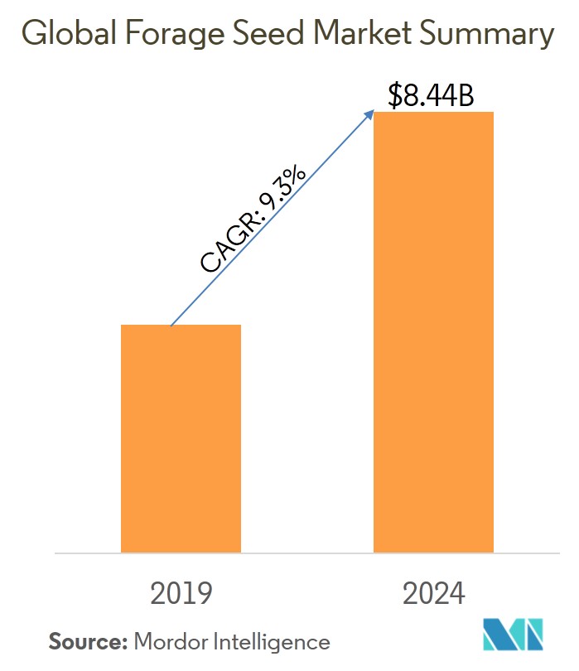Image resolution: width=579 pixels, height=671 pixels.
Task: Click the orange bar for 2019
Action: point(181,438)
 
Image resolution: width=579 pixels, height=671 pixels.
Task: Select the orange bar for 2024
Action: point(433,331)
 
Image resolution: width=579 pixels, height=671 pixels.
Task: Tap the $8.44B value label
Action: point(431,96)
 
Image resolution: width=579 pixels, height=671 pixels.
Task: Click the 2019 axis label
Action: point(181,594)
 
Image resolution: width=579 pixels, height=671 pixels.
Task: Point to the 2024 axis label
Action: point(433,594)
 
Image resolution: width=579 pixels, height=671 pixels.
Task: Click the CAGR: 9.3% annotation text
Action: point(253,220)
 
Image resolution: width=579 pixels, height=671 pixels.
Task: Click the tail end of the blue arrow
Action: point(171,324)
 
